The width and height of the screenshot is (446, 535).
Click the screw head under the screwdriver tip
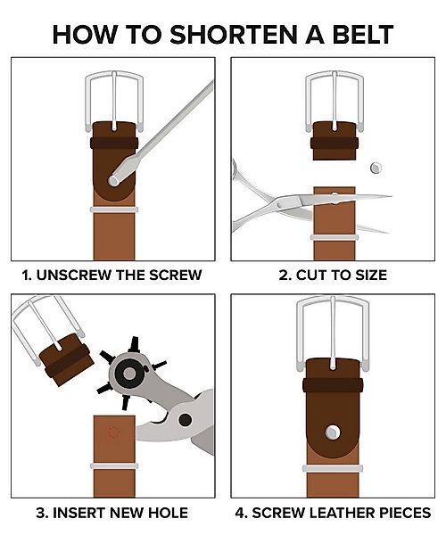pos(113,180)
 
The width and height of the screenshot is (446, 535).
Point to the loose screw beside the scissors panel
pos(376,168)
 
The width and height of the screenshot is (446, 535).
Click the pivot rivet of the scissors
pos(280,204)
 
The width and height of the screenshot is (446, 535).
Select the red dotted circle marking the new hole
pos(113,432)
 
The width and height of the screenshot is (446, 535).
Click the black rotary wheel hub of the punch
pos(129,373)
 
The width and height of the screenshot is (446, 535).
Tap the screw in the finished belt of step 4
pos(332,432)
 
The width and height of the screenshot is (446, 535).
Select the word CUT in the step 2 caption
pos(308,275)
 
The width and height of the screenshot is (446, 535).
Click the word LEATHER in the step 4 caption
pos(341,513)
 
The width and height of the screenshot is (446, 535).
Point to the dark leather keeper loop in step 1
pos(114,143)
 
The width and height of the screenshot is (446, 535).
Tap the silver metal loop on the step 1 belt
pos(114,210)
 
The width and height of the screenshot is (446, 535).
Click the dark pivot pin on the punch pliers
pos(186,420)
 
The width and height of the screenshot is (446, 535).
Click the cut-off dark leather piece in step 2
pos(334,141)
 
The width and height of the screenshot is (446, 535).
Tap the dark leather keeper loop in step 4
pos(333,385)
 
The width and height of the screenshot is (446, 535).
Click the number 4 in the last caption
pos(240,513)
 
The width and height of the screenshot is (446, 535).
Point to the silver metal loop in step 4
pos(333,469)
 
